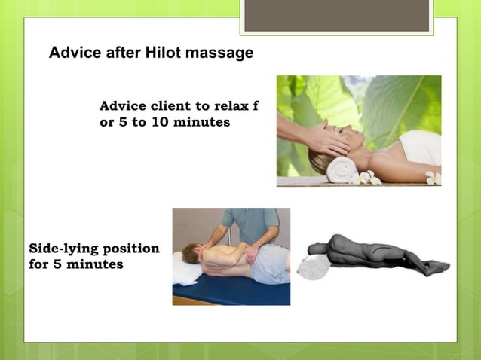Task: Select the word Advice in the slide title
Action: tap(72, 53)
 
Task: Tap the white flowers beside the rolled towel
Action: tap(369, 178)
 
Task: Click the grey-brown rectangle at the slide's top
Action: tap(336, 15)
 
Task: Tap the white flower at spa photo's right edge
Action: tap(434, 178)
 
